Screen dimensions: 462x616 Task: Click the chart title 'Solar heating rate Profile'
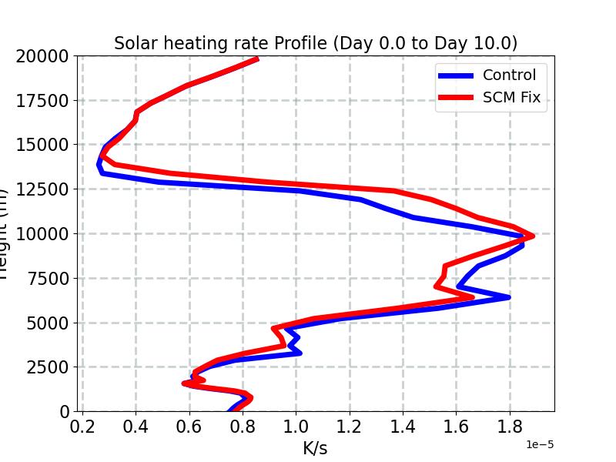pos(315,43)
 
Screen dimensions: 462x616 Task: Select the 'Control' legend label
pos(509,75)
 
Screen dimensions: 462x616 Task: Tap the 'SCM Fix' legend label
pos(511,98)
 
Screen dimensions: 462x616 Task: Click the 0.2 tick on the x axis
pos(82,427)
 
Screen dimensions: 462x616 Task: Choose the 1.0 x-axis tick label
pos(296,427)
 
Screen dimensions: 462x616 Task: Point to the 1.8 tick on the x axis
pos(509,427)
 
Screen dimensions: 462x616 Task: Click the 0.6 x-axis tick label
pos(189,427)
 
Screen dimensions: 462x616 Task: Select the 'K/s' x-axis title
pos(315,447)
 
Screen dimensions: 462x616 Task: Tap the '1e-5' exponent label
pos(540,445)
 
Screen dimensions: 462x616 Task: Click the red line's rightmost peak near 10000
pos(532,236)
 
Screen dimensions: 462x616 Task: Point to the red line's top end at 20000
pos(257,59)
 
